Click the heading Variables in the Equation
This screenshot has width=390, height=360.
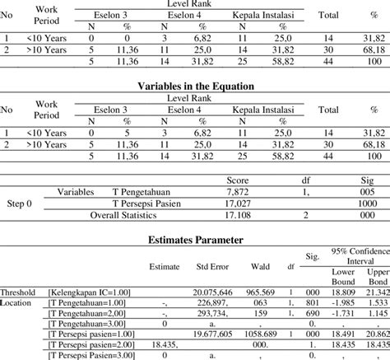pos(194,85)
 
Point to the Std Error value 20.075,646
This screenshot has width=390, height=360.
pos(213,292)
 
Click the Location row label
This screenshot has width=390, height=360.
pos(18,303)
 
